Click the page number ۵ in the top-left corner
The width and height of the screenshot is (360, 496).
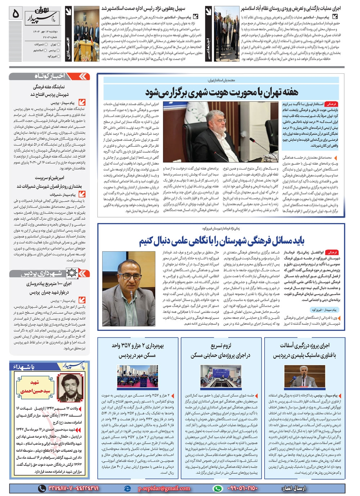coord(16,14)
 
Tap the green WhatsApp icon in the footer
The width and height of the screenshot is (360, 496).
coord(217,488)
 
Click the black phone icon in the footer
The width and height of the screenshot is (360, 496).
coord(42,488)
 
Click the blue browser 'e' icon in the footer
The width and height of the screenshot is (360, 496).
coord(127,488)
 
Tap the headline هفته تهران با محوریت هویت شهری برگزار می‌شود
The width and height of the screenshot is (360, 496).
coord(221,92)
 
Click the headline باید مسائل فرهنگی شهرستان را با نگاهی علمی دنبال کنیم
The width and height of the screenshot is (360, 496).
coord(221,241)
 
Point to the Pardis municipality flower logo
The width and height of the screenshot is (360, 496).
coord(72,273)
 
